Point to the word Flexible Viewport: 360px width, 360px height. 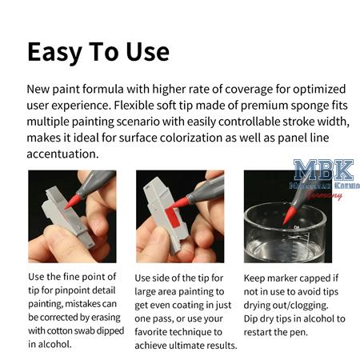coord(162,105)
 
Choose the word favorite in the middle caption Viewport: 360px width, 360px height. coord(158,330)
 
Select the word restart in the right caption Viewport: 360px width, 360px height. coord(264,330)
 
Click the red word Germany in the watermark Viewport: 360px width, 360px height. coord(325,194)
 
